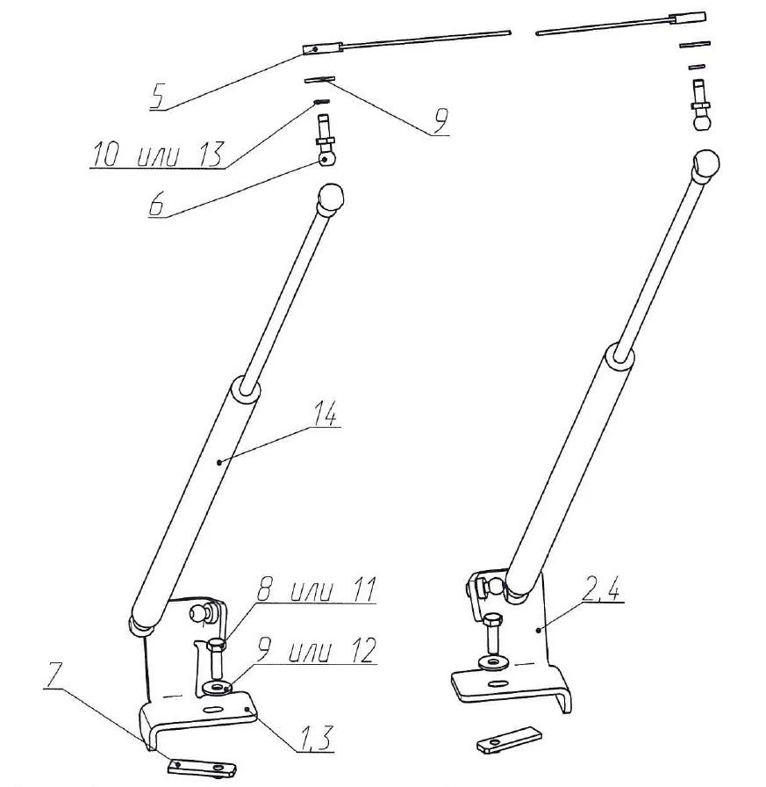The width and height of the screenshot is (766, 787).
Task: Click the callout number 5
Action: tap(158, 96)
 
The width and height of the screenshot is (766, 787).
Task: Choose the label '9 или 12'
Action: tap(318, 652)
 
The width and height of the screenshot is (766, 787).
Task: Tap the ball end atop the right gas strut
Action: tap(708, 164)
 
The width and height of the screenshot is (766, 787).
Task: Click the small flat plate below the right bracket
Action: tap(510, 738)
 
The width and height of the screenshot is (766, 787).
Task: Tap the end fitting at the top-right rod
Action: tap(689, 18)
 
